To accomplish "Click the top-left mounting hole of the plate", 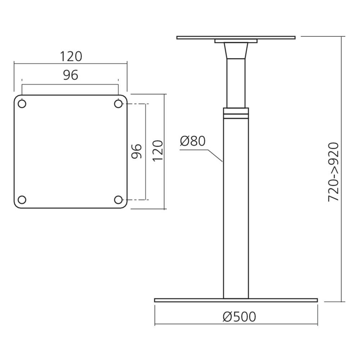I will (x=22, y=104).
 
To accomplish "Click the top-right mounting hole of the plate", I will (x=118, y=104).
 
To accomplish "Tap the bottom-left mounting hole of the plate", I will (x=22, y=199).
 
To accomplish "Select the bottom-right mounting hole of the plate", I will (x=118, y=199).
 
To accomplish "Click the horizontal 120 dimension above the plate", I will (x=71, y=57).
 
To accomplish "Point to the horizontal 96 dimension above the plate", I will (x=71, y=75).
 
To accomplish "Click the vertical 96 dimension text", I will (x=136, y=151).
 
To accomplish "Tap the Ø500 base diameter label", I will (x=239, y=316).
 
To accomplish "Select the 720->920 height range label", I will (x=334, y=172).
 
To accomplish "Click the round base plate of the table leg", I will (x=236, y=300).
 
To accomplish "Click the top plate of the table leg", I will (x=236, y=37).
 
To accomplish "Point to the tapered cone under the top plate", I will (x=236, y=50).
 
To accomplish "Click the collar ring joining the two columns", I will (x=236, y=113).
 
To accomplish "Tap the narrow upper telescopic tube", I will (x=236, y=83).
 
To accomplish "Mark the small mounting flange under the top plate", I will (x=236, y=41).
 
